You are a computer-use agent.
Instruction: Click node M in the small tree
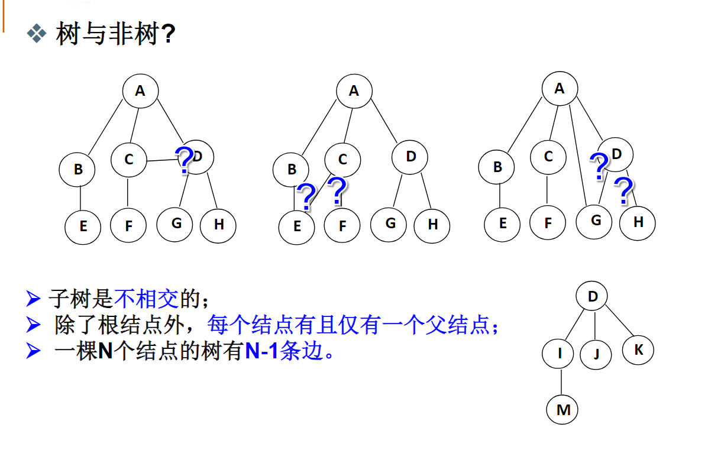(x=562, y=409)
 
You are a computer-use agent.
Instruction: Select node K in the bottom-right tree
(x=638, y=349)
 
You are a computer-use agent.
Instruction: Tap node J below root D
(x=596, y=354)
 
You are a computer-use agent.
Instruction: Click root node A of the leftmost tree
(x=140, y=90)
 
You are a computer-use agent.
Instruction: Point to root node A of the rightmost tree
(x=560, y=89)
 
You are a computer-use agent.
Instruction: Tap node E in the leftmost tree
(x=83, y=225)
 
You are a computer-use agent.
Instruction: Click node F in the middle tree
(x=342, y=225)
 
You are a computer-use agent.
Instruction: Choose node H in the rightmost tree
(x=638, y=222)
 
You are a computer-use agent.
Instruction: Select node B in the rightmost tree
(x=497, y=167)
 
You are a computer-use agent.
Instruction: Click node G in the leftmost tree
(x=176, y=223)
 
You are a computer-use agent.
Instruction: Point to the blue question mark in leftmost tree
(x=185, y=160)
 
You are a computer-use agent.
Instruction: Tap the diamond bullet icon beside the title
(x=37, y=34)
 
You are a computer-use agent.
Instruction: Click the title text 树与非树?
(x=115, y=34)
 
